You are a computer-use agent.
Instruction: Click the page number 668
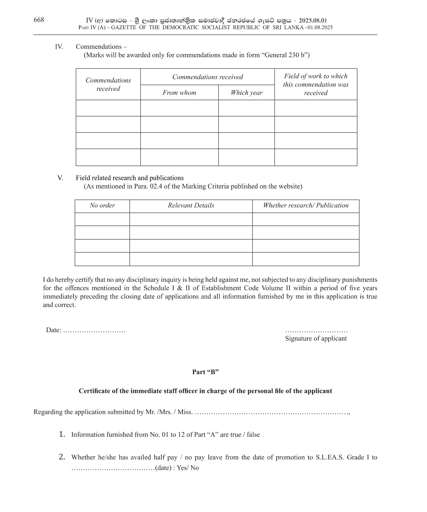coord(39,20)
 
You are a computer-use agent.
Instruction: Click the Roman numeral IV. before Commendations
coord(59,47)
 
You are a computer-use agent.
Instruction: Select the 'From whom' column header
coord(179,93)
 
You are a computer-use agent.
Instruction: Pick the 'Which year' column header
coord(246,93)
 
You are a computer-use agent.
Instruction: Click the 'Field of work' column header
coord(315,85)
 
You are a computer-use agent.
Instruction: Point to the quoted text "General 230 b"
coord(284,55)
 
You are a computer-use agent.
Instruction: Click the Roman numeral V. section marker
coord(60,178)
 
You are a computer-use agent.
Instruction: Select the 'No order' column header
coord(102,205)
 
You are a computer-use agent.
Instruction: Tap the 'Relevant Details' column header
coord(191,205)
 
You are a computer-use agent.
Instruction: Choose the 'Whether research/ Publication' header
coord(305,205)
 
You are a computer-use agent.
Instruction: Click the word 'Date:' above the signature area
coord(54,330)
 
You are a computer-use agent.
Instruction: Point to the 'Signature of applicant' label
coord(316,338)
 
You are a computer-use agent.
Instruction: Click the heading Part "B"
coord(205,372)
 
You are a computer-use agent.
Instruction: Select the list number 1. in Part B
coord(62,434)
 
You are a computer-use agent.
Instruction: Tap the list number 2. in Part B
coord(62,457)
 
